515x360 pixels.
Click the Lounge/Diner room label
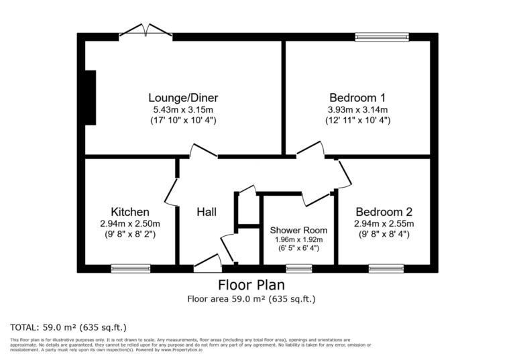(183, 98)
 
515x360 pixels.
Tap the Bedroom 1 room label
(357, 98)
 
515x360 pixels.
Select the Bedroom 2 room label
(384, 212)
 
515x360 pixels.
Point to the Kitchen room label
(130, 212)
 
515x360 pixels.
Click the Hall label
(207, 213)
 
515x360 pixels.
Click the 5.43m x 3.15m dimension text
(183, 110)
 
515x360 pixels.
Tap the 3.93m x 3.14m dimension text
(358, 110)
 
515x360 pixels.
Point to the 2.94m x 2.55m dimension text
(384, 224)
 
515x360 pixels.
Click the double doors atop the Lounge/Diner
(146, 31)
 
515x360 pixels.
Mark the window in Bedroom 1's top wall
(382, 37)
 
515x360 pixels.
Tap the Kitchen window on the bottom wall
(130, 269)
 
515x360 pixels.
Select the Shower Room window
(299, 269)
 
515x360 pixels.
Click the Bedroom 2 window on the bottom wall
(386, 269)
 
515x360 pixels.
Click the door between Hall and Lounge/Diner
(203, 151)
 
